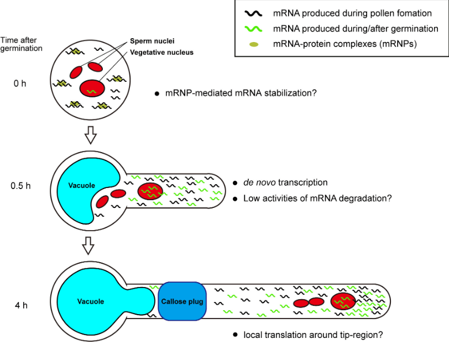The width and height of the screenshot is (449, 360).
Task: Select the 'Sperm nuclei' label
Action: pos(152,41)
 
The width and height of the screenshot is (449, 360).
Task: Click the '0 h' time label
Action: pos(20,84)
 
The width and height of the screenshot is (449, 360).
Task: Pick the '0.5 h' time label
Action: pos(20,185)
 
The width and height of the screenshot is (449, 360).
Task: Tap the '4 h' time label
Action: pos(21,305)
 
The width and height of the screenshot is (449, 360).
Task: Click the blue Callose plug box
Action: pos(182,302)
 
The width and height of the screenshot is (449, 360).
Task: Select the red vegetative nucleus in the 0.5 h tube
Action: pos(150,191)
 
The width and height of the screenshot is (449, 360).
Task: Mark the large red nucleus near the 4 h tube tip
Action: pos(342,301)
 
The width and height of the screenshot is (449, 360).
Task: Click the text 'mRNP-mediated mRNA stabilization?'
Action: pos(241,93)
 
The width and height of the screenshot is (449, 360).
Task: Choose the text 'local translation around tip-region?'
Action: pos(313,335)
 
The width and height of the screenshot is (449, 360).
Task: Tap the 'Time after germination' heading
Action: pos(22,44)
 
